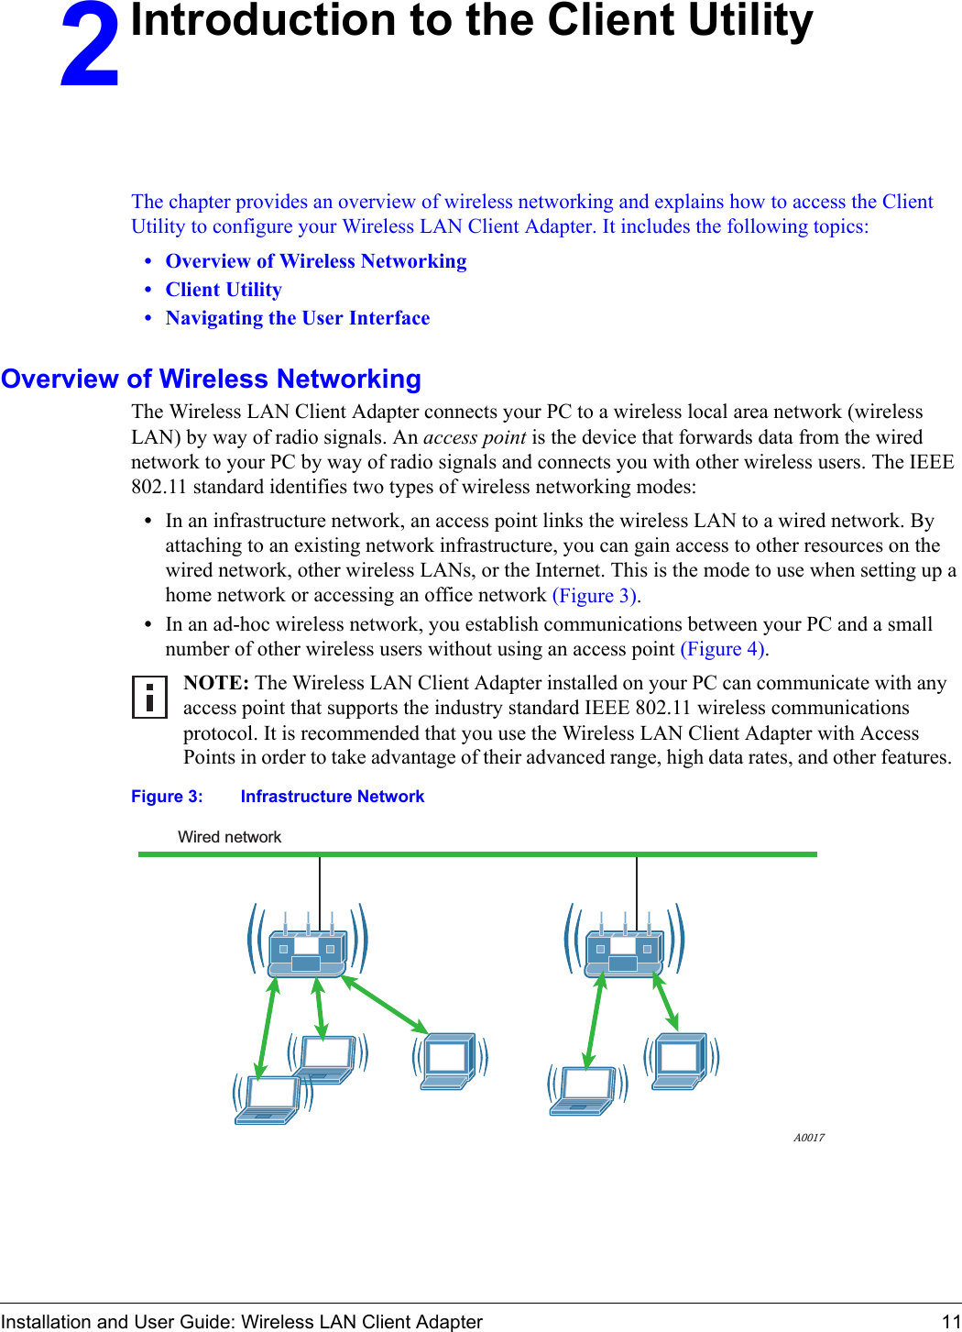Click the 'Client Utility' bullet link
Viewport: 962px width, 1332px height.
(x=224, y=290)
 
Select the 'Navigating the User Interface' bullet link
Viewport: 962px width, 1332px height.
(x=298, y=318)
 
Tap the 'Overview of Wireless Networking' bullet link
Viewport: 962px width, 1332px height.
(x=316, y=261)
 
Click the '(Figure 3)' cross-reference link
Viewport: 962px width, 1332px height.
(x=596, y=596)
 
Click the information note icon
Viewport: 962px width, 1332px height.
(x=149, y=696)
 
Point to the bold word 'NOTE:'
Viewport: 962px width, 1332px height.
(x=216, y=683)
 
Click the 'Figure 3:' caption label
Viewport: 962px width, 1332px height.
(x=167, y=797)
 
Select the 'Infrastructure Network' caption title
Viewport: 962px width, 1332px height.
(x=333, y=797)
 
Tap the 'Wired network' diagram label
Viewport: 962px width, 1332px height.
(x=229, y=837)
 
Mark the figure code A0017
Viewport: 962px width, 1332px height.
(x=809, y=1138)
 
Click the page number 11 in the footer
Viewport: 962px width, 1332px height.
(x=950, y=1321)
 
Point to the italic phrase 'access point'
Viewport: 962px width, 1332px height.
(x=475, y=437)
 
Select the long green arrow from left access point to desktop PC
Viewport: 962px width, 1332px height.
(x=385, y=1005)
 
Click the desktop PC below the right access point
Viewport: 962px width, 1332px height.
(x=680, y=1062)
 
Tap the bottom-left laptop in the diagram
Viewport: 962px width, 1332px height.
(x=268, y=1099)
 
